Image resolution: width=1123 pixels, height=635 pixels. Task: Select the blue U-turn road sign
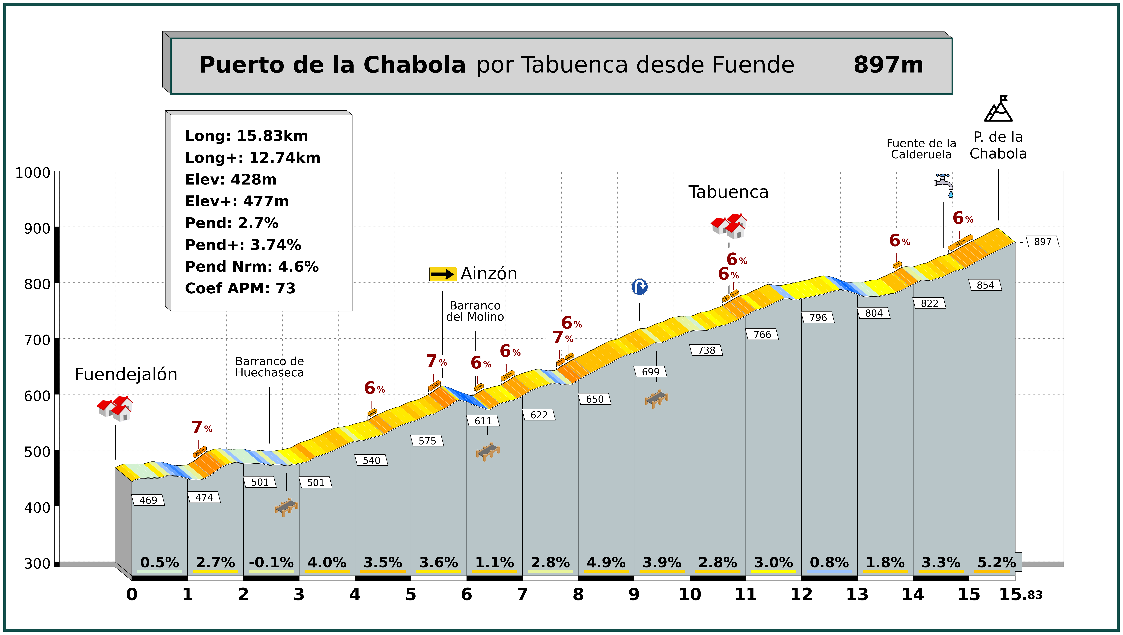pyautogui.click(x=640, y=287)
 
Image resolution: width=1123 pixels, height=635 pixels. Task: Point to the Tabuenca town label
pyautogui.click(x=728, y=192)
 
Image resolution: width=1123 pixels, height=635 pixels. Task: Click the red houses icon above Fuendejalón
pyautogui.click(x=115, y=409)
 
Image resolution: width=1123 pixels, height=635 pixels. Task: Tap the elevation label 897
pyautogui.click(x=1042, y=242)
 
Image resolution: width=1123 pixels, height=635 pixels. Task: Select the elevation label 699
pyautogui.click(x=651, y=372)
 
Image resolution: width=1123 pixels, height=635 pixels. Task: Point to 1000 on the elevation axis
pyautogui.click(x=33, y=173)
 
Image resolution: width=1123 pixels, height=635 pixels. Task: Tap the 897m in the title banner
pyautogui.click(x=888, y=65)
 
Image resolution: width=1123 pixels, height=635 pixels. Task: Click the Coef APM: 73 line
pyautogui.click(x=240, y=288)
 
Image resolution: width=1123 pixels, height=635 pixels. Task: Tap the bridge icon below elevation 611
pyautogui.click(x=487, y=452)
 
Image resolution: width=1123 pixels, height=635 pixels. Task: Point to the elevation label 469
pyautogui.click(x=148, y=500)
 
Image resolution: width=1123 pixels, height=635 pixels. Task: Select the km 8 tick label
pyautogui.click(x=578, y=594)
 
